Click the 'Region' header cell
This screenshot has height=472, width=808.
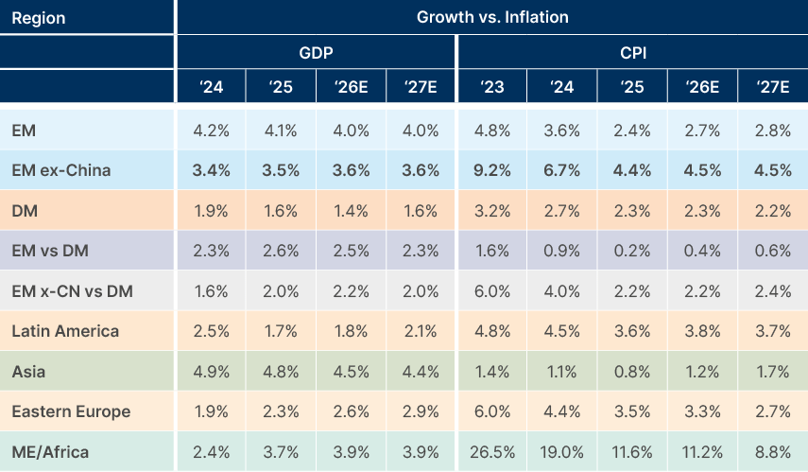pos(38,17)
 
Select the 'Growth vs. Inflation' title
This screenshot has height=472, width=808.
pos(491,17)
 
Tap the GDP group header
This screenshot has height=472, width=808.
pos(316,53)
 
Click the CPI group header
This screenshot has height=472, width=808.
pos(632,53)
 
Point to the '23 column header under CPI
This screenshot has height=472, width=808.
pos(491,87)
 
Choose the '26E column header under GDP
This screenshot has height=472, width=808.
pos(351,87)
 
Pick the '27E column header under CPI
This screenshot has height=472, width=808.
pos(773,87)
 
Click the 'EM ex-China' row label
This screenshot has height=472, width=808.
pos(61,171)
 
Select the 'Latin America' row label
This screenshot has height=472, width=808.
pos(65,331)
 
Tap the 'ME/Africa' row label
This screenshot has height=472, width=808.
pos(50,452)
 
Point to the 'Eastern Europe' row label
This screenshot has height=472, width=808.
pos(71,411)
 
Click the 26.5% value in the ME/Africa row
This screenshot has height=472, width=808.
pos(491,452)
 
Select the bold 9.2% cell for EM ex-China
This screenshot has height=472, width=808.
pos(491,171)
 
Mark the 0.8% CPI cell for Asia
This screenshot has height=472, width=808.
pos(632,372)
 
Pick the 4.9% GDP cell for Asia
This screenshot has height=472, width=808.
pos(210,372)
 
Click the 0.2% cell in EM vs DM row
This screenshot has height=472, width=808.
pos(632,252)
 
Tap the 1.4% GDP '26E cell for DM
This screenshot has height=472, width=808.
pos(351,211)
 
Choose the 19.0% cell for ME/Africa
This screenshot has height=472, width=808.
pos(561,452)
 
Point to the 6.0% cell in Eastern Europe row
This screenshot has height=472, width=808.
pos(491,411)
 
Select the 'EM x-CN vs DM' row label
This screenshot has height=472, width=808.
pos(72,291)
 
